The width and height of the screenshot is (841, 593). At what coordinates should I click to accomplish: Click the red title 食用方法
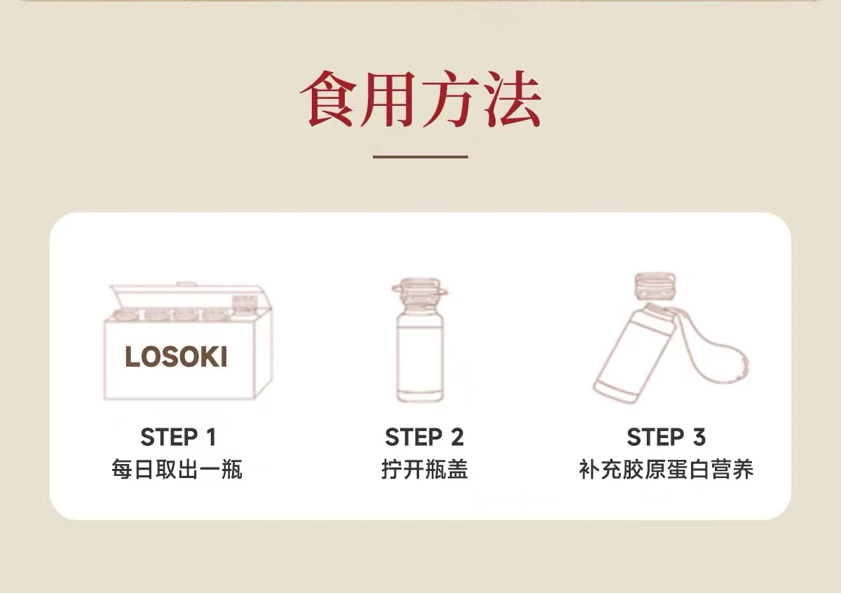coord(420,99)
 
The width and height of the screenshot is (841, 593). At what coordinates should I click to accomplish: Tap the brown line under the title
coord(420,156)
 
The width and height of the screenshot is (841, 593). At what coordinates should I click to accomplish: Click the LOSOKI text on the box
coord(176,356)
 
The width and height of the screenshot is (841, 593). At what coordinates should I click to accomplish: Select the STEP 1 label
coord(178,437)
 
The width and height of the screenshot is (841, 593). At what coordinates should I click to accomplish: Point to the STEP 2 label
coord(424,437)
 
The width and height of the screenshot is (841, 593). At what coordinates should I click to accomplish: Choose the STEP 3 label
coord(666,437)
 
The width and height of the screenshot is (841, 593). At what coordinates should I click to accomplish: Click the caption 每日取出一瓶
coord(177,469)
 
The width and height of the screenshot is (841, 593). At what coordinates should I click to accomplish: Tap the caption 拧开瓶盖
coord(425,469)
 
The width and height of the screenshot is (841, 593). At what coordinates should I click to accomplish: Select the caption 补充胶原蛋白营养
coord(666,469)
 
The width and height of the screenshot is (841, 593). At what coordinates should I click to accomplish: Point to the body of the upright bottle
coord(420,357)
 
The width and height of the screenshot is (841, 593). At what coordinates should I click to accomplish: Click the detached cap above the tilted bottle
coord(655,286)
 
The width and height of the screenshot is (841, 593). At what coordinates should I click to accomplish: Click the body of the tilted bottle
coord(634,355)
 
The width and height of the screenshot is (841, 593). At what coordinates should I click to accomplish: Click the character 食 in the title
coord(328,99)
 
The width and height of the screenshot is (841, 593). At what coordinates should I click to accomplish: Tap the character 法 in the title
coord(512,99)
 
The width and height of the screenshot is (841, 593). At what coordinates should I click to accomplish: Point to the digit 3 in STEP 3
coord(699,437)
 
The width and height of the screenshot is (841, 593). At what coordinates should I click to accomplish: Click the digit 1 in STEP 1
coord(212,437)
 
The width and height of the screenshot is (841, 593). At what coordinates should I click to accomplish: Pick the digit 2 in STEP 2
coord(457,437)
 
